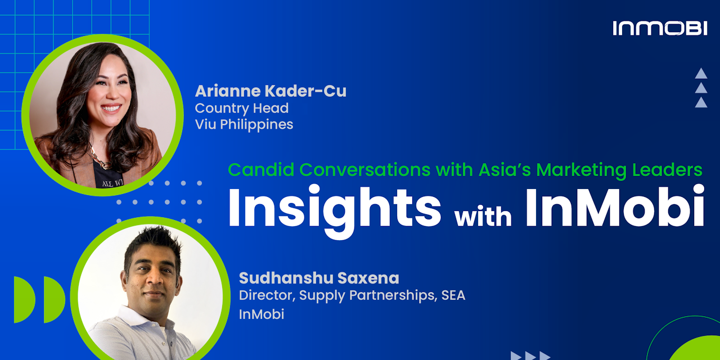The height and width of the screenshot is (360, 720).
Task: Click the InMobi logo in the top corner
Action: [660, 28]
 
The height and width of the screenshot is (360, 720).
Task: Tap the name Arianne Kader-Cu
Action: [271, 91]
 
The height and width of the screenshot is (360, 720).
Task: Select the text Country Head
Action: [242, 109]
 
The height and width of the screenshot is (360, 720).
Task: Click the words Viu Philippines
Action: [244, 124]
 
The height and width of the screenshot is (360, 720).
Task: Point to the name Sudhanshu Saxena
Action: [319, 278]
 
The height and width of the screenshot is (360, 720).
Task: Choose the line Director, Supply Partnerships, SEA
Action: [352, 295]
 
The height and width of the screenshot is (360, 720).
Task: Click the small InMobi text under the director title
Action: [262, 314]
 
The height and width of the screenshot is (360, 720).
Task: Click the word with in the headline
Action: [483, 217]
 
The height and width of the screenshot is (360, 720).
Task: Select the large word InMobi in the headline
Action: [615, 207]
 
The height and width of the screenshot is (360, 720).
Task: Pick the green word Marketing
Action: [581, 170]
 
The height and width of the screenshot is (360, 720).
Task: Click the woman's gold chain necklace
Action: [100, 159]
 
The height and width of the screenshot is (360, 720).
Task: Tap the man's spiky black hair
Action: [154, 244]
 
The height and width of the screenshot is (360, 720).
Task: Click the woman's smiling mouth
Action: [111, 107]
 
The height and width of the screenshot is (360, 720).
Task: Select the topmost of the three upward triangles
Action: [701, 74]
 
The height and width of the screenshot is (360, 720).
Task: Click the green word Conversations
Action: [365, 170]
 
